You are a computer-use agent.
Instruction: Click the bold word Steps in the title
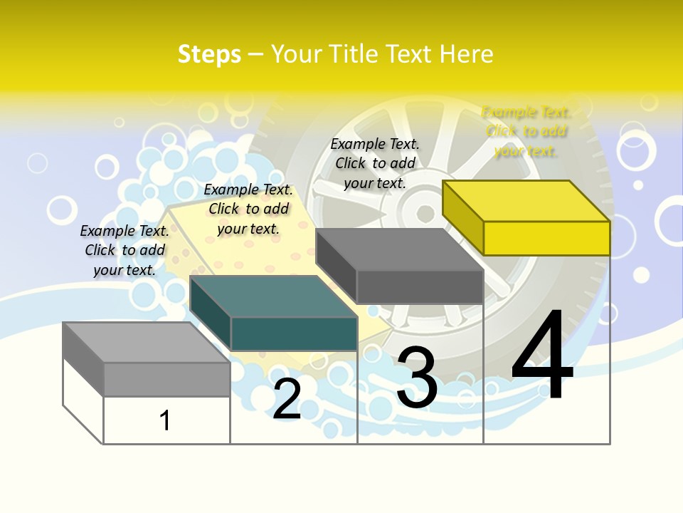point(209,54)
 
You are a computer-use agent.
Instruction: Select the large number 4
point(542,358)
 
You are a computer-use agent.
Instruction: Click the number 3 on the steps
point(417,378)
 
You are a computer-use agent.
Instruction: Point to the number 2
point(287,399)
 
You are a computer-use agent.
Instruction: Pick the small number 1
point(165,420)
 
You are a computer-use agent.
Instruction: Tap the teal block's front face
point(294,333)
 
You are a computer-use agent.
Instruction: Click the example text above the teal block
point(248,209)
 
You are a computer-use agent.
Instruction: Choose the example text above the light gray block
point(125,250)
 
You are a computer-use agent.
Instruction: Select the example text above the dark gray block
point(375,163)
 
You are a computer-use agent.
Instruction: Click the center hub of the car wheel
point(425,213)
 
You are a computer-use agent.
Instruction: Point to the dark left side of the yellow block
point(462,217)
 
